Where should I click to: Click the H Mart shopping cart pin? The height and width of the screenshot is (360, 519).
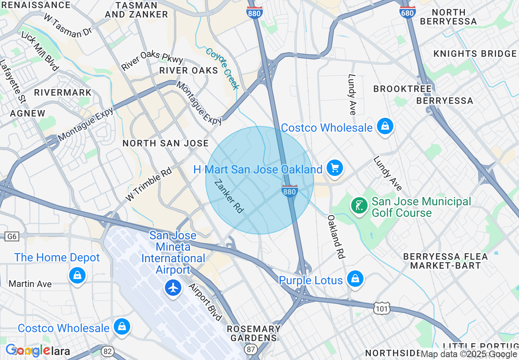[x=335, y=168]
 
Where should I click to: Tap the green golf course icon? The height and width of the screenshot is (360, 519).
[x=359, y=205]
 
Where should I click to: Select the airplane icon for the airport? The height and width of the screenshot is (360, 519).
[x=174, y=288]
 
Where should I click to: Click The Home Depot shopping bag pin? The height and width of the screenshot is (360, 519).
[x=77, y=275]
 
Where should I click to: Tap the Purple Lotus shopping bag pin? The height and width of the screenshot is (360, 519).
[x=355, y=279]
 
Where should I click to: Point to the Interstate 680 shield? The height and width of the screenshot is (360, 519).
[x=407, y=12]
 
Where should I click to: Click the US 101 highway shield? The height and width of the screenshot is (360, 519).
[x=381, y=308]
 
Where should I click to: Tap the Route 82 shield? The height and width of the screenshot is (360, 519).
[x=108, y=351]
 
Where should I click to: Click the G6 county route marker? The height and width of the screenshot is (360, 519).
[x=11, y=236]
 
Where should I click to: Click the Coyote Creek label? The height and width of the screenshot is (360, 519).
[x=222, y=68]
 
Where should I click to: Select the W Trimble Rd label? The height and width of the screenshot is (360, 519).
[x=149, y=184]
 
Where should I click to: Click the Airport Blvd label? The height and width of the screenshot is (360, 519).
[x=205, y=301]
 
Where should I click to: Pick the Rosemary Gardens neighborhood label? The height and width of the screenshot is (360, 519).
[x=254, y=333]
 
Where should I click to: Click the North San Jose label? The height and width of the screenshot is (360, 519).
[x=165, y=143]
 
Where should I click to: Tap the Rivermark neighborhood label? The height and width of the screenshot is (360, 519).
[x=63, y=92]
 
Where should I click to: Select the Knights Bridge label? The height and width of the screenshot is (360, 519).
[x=475, y=54]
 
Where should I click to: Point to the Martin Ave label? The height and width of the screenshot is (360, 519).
[x=30, y=283]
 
